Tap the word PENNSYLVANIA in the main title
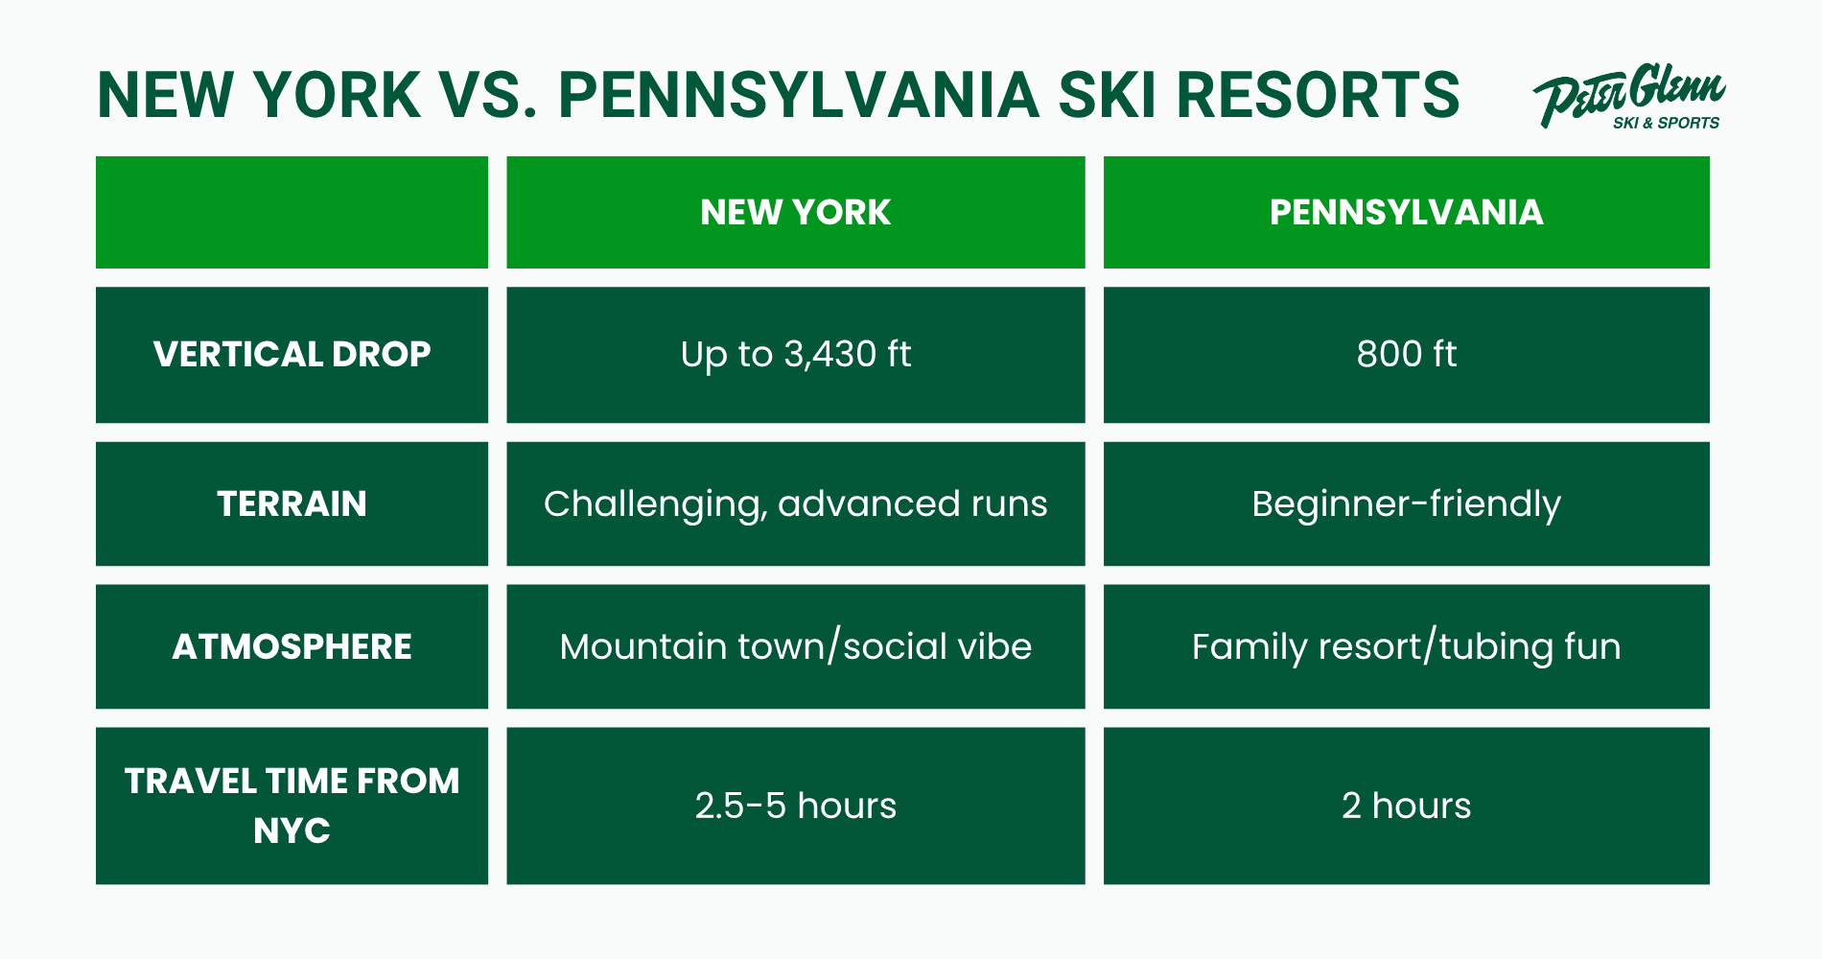pos(799,95)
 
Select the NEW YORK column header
pos(796,212)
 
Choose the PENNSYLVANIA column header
pos(1407,212)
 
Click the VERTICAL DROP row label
pos(292,355)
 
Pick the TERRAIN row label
pos(292,503)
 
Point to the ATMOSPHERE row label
pos(292,646)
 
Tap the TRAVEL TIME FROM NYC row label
pos(292,806)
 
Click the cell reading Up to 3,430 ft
pos(796,355)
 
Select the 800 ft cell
pos(1407,355)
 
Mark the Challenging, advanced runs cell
pos(796,503)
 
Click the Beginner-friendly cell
pos(1407,503)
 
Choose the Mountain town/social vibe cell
pos(796,646)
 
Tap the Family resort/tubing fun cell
pos(1407,646)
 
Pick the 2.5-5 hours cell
pos(796,806)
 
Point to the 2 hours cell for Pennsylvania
pos(1407,806)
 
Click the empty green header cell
pos(292,212)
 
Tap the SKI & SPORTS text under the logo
pos(1666,123)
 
